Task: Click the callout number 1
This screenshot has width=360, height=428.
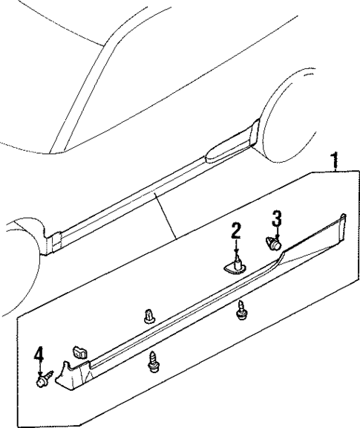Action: [x=335, y=160]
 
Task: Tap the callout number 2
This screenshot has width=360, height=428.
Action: [x=236, y=231]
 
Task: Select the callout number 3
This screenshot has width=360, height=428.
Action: [x=276, y=218]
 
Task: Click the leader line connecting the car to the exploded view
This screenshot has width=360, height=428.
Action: [x=165, y=215]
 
